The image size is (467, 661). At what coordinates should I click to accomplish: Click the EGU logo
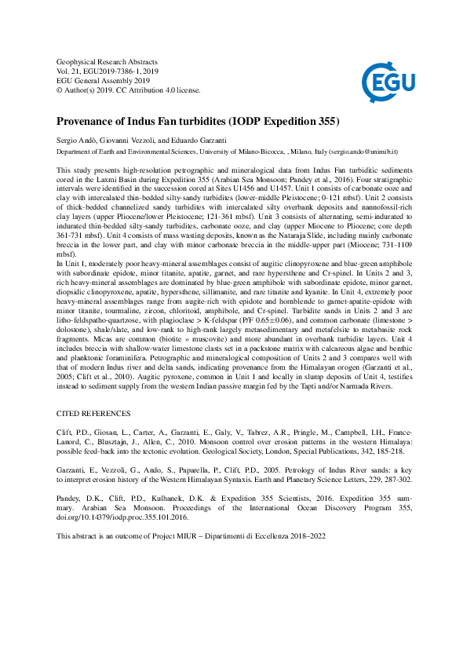(385, 78)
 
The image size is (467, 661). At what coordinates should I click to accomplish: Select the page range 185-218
(389, 451)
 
